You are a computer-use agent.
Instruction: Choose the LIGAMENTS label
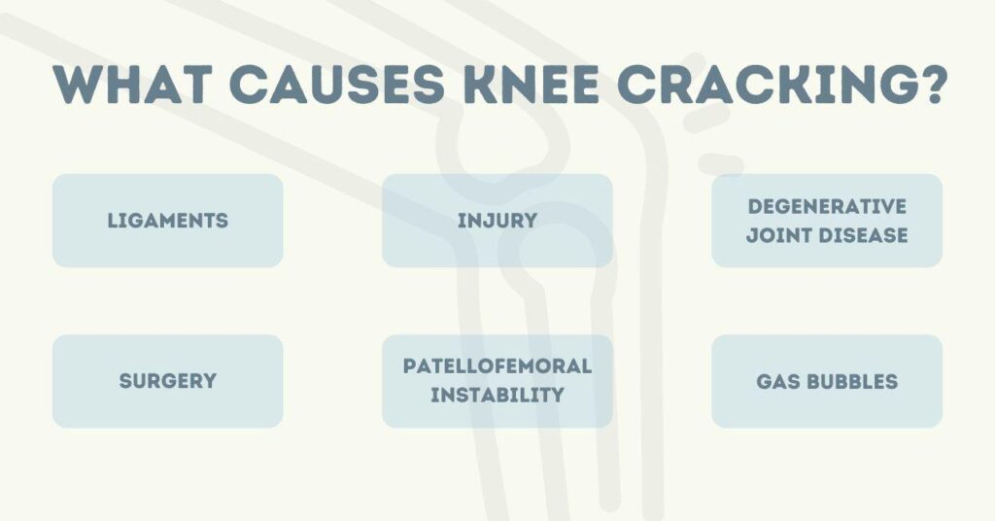tap(167, 221)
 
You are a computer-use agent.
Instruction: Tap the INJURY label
tap(497, 221)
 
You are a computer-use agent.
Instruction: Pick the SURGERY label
tap(167, 381)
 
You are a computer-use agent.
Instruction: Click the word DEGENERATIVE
tap(827, 206)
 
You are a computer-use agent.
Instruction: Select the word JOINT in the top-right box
tap(778, 235)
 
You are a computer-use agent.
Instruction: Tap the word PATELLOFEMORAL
tap(497, 366)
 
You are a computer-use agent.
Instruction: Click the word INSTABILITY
tap(497, 396)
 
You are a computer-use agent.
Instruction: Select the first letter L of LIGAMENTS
tap(112, 221)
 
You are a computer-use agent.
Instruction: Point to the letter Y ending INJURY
tap(531, 221)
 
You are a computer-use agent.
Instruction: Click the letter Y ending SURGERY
tap(209, 381)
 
